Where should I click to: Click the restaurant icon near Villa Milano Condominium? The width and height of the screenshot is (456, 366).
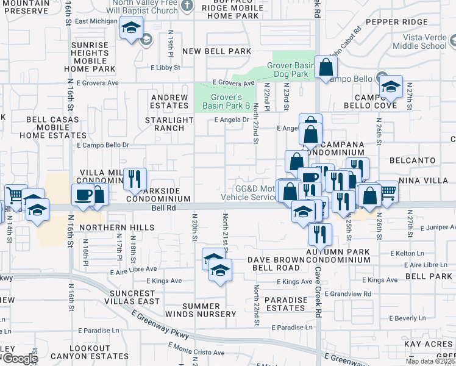134,179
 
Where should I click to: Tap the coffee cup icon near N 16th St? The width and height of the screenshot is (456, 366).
83,195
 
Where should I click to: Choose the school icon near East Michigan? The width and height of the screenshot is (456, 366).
131,28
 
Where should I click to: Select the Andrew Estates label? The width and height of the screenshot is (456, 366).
169,101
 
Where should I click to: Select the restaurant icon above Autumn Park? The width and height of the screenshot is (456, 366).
319,234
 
